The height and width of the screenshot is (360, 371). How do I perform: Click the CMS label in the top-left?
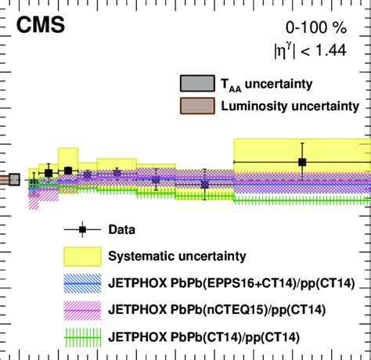(x=38, y=28)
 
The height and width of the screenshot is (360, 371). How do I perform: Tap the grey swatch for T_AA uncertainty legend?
(x=193, y=84)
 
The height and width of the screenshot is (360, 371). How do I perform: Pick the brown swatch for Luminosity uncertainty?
(x=193, y=106)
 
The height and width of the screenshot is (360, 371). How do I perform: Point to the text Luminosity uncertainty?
(x=286, y=106)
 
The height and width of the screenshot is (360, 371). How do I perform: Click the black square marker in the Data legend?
(x=82, y=230)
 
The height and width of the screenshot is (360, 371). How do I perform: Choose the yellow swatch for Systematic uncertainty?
(x=82, y=256)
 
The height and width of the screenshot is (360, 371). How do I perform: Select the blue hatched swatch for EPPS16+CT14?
(x=82, y=283)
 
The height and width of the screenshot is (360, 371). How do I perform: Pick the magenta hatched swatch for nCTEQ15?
(x=82, y=311)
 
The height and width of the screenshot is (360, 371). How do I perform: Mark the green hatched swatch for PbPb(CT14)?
(x=82, y=337)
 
